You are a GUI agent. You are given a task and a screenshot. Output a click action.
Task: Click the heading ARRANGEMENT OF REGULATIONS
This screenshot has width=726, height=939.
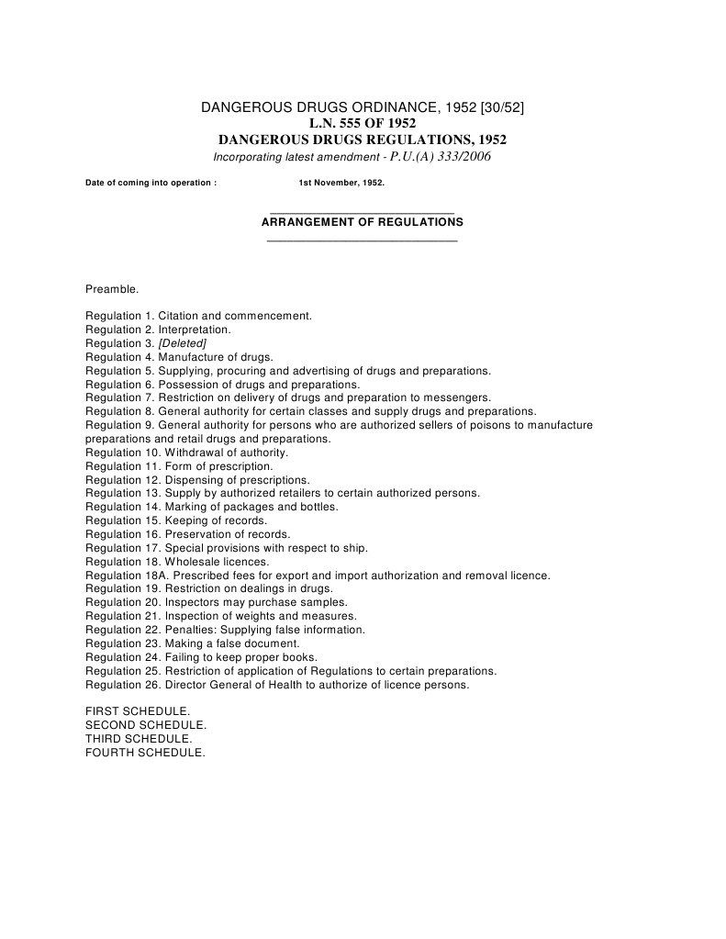pyautogui.click(x=363, y=222)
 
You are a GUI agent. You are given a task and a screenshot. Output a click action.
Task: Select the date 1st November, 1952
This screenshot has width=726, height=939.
pyautogui.click(x=341, y=183)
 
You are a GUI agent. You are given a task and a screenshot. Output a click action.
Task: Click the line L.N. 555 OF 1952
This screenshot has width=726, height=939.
pyautogui.click(x=362, y=124)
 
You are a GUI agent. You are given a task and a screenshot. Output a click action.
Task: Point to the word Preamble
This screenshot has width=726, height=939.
pyautogui.click(x=112, y=289)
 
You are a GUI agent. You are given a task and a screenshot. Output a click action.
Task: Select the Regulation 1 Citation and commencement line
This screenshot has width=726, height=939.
pyautogui.click(x=199, y=316)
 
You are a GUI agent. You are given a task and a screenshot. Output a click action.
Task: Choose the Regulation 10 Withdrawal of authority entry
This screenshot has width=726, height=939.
pyautogui.click(x=187, y=453)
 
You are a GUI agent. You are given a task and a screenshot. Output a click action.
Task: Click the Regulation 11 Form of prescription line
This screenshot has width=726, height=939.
pyautogui.click(x=179, y=466)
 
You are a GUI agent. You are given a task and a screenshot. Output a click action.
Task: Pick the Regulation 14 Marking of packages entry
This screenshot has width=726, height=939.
pyautogui.click(x=212, y=507)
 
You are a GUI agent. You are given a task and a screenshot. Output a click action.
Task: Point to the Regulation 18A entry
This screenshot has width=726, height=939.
pyautogui.click(x=318, y=576)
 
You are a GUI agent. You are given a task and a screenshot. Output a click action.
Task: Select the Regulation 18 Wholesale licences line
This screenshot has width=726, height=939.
pyautogui.click(x=177, y=562)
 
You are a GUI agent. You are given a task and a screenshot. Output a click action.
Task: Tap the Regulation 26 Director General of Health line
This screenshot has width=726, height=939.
pyautogui.click(x=277, y=685)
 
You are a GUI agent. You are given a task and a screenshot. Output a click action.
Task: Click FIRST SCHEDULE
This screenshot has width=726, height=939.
pyautogui.click(x=138, y=711)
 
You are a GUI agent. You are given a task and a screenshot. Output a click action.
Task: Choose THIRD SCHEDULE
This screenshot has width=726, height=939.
pyautogui.click(x=139, y=739)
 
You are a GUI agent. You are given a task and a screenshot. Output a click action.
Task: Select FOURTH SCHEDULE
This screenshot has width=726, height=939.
pyautogui.click(x=145, y=753)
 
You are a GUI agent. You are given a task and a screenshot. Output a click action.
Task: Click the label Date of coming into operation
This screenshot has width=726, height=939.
pyautogui.click(x=151, y=183)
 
